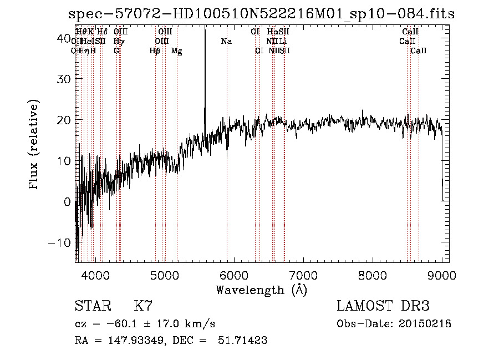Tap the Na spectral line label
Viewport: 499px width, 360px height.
226,42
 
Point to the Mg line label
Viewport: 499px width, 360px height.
176,51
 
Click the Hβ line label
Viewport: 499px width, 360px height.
155,51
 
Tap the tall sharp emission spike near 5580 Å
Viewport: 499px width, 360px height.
205,67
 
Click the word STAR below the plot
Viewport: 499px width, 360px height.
93,306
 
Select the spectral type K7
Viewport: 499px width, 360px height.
143,306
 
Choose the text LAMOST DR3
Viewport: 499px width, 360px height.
383,306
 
